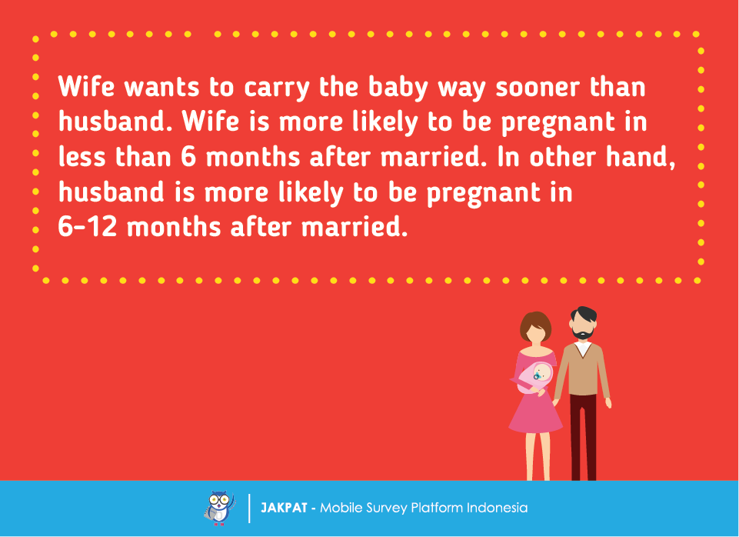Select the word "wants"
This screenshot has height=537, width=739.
[161, 88]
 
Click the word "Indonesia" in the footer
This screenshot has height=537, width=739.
[498, 508]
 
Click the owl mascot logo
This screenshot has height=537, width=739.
[220, 508]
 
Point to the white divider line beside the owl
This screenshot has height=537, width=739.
[249, 509]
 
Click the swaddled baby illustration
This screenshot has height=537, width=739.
[534, 377]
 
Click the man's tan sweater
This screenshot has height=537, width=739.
[583, 369]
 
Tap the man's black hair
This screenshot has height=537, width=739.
[584, 315]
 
